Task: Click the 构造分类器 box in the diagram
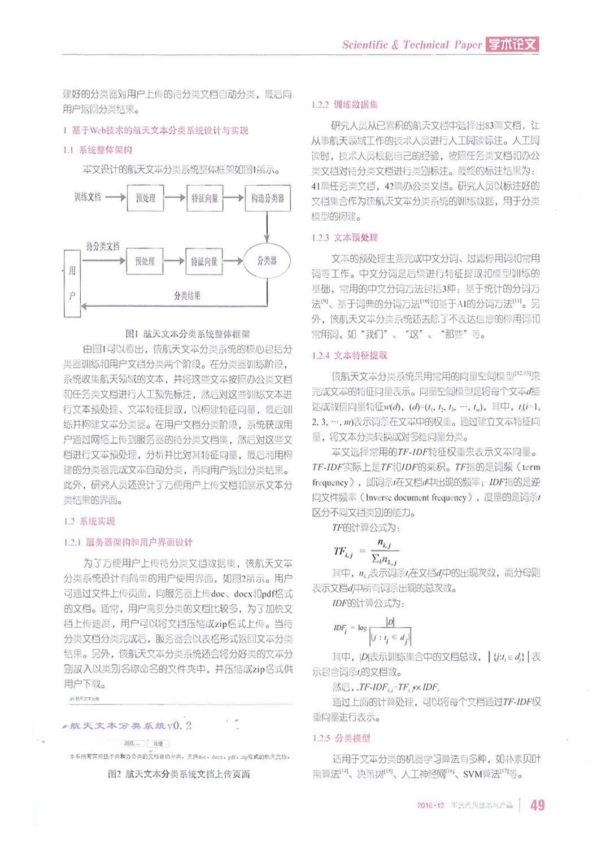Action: coord(268,198)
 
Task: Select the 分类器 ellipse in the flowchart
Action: coord(267,261)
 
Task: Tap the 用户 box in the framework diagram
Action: coord(72,283)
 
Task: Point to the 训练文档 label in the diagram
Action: coord(88,197)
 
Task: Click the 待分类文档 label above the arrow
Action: coord(103,246)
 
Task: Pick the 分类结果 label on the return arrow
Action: coord(187,296)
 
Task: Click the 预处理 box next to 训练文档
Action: coord(145,198)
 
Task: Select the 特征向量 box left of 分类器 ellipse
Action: coord(204,261)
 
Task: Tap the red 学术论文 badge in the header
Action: coord(512,45)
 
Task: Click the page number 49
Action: coord(537,805)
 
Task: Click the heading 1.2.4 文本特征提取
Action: coord(350,355)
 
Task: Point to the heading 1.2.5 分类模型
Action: coord(342,738)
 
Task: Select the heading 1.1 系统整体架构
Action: coord(98,150)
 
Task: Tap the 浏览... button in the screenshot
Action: coord(133,744)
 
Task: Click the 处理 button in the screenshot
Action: coord(158,744)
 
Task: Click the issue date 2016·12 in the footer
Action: coord(430,805)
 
